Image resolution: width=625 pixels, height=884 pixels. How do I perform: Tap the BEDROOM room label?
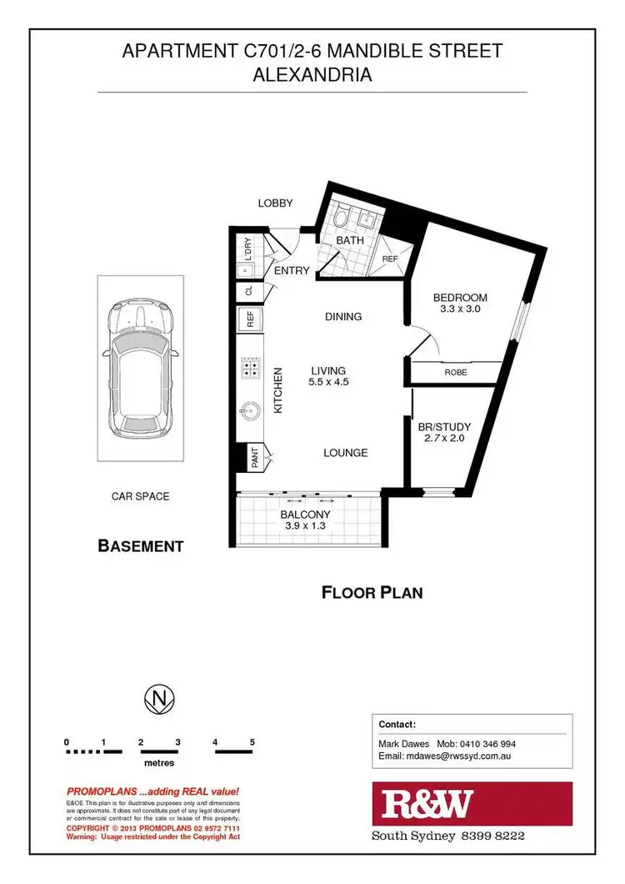point(459,298)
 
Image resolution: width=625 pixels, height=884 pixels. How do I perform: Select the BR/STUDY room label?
point(444,427)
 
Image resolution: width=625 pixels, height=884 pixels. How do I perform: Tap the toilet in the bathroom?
point(342,219)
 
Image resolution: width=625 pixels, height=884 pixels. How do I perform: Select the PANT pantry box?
point(249,455)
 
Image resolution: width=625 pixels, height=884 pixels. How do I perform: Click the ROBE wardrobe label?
point(455,373)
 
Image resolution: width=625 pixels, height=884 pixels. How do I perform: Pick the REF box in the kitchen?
point(249,319)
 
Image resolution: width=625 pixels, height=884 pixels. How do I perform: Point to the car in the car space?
point(140,367)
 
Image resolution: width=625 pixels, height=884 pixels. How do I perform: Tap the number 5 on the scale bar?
point(252,741)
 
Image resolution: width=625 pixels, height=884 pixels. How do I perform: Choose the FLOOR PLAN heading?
point(372,593)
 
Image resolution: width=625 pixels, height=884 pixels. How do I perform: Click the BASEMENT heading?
point(141,546)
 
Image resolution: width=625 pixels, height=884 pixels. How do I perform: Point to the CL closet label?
point(247,292)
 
